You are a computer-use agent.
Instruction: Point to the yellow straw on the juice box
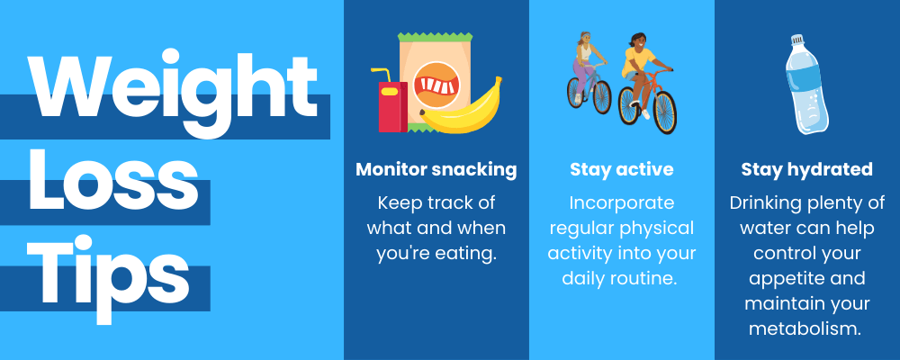pos(382,73)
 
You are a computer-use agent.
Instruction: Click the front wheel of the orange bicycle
pos(665,111)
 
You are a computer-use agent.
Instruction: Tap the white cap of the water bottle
pos(796,40)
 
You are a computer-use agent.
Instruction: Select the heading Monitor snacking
pos(436,169)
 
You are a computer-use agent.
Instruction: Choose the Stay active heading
pos(621,169)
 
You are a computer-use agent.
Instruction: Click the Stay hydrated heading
pos(806,169)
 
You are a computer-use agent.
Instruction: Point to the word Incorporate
pos(621,202)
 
